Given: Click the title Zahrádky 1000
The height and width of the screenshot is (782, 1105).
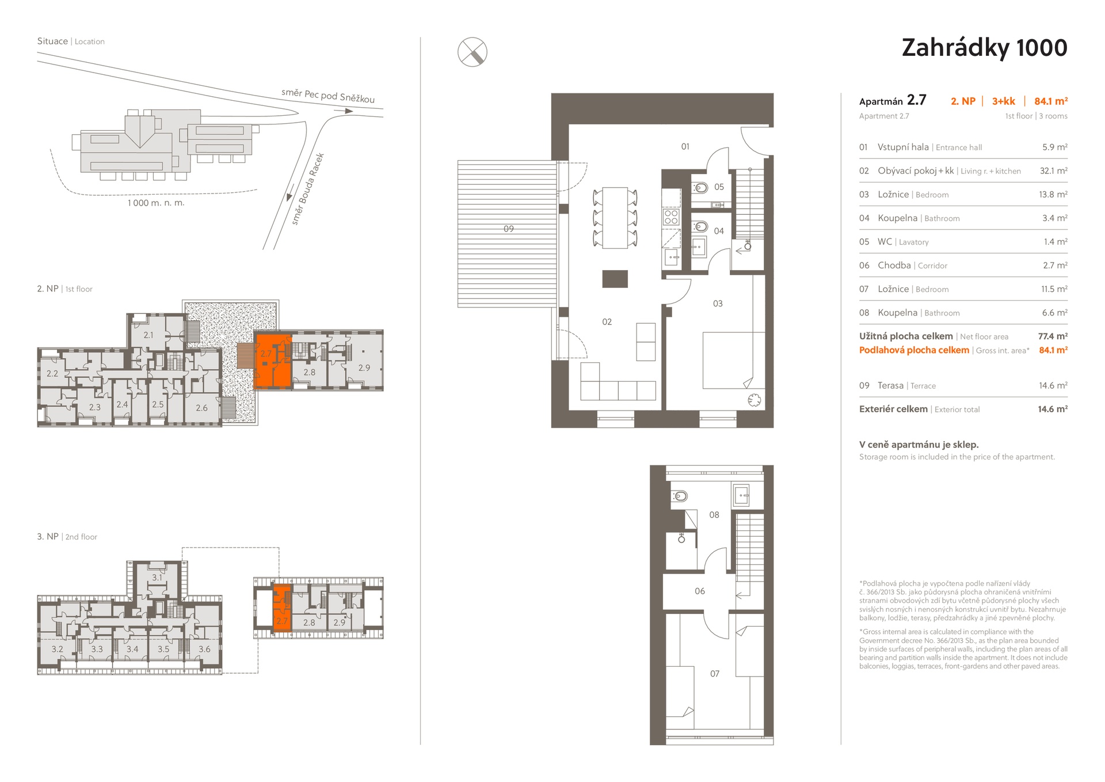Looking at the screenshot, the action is [984, 48].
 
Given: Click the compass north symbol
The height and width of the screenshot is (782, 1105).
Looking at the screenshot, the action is [473, 52].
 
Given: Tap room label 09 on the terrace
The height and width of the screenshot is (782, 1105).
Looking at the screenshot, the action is [509, 229].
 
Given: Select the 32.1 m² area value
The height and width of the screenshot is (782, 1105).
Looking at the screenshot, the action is [1053, 171].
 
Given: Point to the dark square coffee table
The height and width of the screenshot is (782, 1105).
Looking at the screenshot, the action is [615, 279].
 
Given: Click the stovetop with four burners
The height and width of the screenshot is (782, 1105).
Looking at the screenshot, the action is [671, 217].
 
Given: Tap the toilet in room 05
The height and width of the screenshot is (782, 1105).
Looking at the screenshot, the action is [700, 188].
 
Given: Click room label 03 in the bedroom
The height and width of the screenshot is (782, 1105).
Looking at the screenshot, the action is [718, 303].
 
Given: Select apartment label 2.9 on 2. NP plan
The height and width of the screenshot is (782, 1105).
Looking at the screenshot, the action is [364, 367].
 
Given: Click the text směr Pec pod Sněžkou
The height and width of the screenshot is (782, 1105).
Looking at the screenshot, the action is [328, 96].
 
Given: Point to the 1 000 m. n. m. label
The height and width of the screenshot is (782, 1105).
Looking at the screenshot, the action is [156, 203].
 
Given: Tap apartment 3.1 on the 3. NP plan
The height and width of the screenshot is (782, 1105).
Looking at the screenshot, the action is [157, 577].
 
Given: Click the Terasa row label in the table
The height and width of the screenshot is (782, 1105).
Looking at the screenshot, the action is [890, 386].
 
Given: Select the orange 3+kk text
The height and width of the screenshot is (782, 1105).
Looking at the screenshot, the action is [1003, 101].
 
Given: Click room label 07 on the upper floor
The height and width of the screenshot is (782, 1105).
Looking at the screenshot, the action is [715, 673].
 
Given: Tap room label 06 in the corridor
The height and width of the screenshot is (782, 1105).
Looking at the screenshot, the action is [700, 591].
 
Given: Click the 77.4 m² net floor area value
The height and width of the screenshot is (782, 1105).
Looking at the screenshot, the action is [1053, 336].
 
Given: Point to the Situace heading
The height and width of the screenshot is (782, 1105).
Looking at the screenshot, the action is [52, 41].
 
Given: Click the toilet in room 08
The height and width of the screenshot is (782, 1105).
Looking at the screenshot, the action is [679, 496].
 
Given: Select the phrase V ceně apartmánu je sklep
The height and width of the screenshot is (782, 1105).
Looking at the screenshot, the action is [919, 445].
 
